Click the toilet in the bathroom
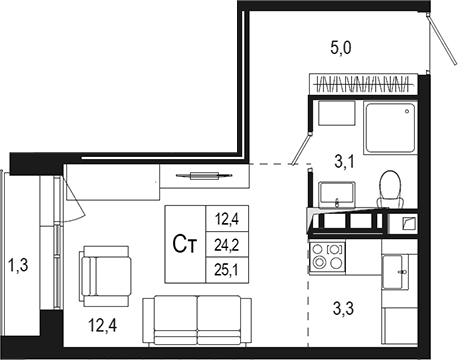coord(391,185)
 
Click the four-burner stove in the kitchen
coord(326,258)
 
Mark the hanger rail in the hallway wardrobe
coord(360,80)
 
